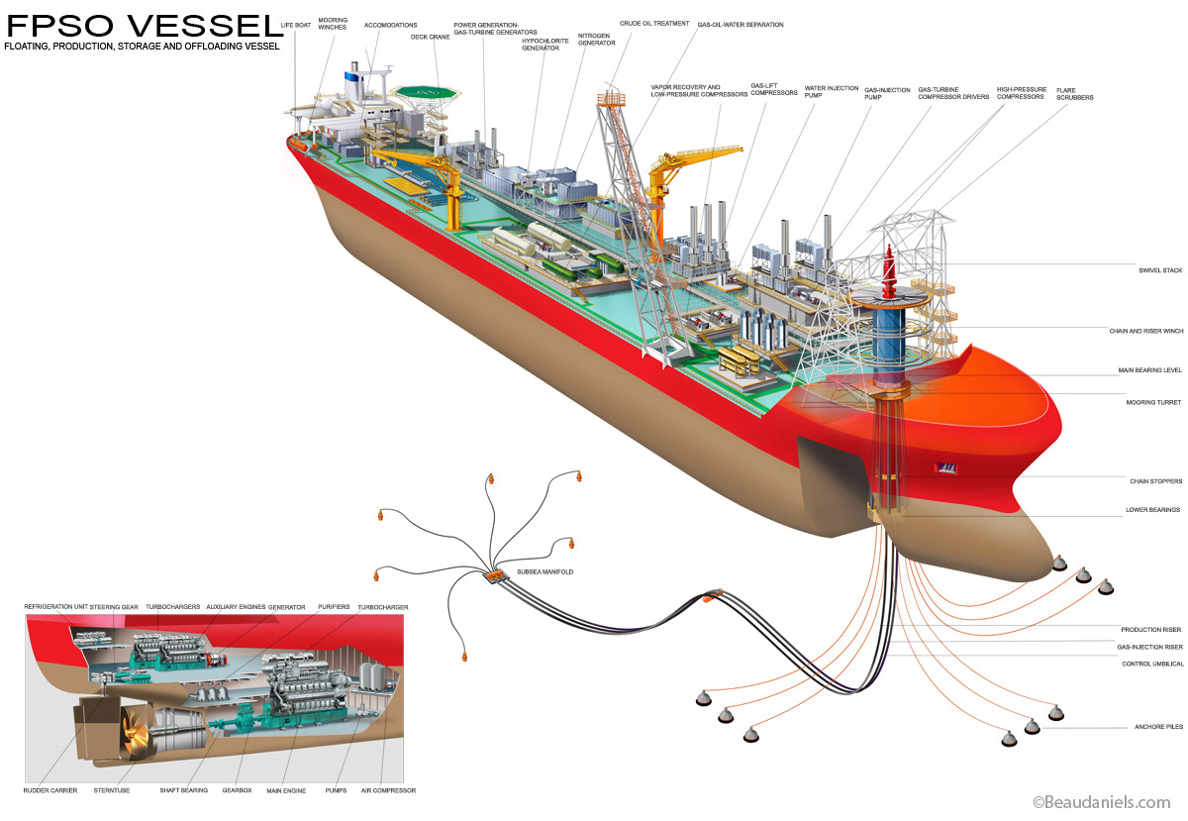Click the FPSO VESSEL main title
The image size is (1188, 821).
coord(144,25)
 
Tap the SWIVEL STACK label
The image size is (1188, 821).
coord(1160,270)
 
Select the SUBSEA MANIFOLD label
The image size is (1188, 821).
coord(545,572)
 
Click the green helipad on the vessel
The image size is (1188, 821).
coord(426,92)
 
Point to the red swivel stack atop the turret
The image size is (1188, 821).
coord(889,271)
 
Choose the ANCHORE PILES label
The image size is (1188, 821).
coord(1159,727)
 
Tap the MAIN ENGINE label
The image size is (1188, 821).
coord(286,790)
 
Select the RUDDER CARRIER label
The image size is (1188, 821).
coord(50,790)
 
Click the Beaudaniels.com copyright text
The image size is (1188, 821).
coord(1102,802)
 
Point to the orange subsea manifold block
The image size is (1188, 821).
coord(496,575)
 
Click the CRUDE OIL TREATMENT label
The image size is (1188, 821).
coord(654,24)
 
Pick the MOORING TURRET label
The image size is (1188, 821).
coord(1153,403)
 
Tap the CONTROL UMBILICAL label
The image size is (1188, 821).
coord(1152,664)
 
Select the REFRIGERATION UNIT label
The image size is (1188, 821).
coord(55,607)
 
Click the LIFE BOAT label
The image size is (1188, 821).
coord(295,25)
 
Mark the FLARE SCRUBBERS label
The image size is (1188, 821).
coord(1074,94)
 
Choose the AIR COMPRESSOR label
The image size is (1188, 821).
coord(388,790)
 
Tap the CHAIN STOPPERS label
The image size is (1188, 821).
coord(1155,481)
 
